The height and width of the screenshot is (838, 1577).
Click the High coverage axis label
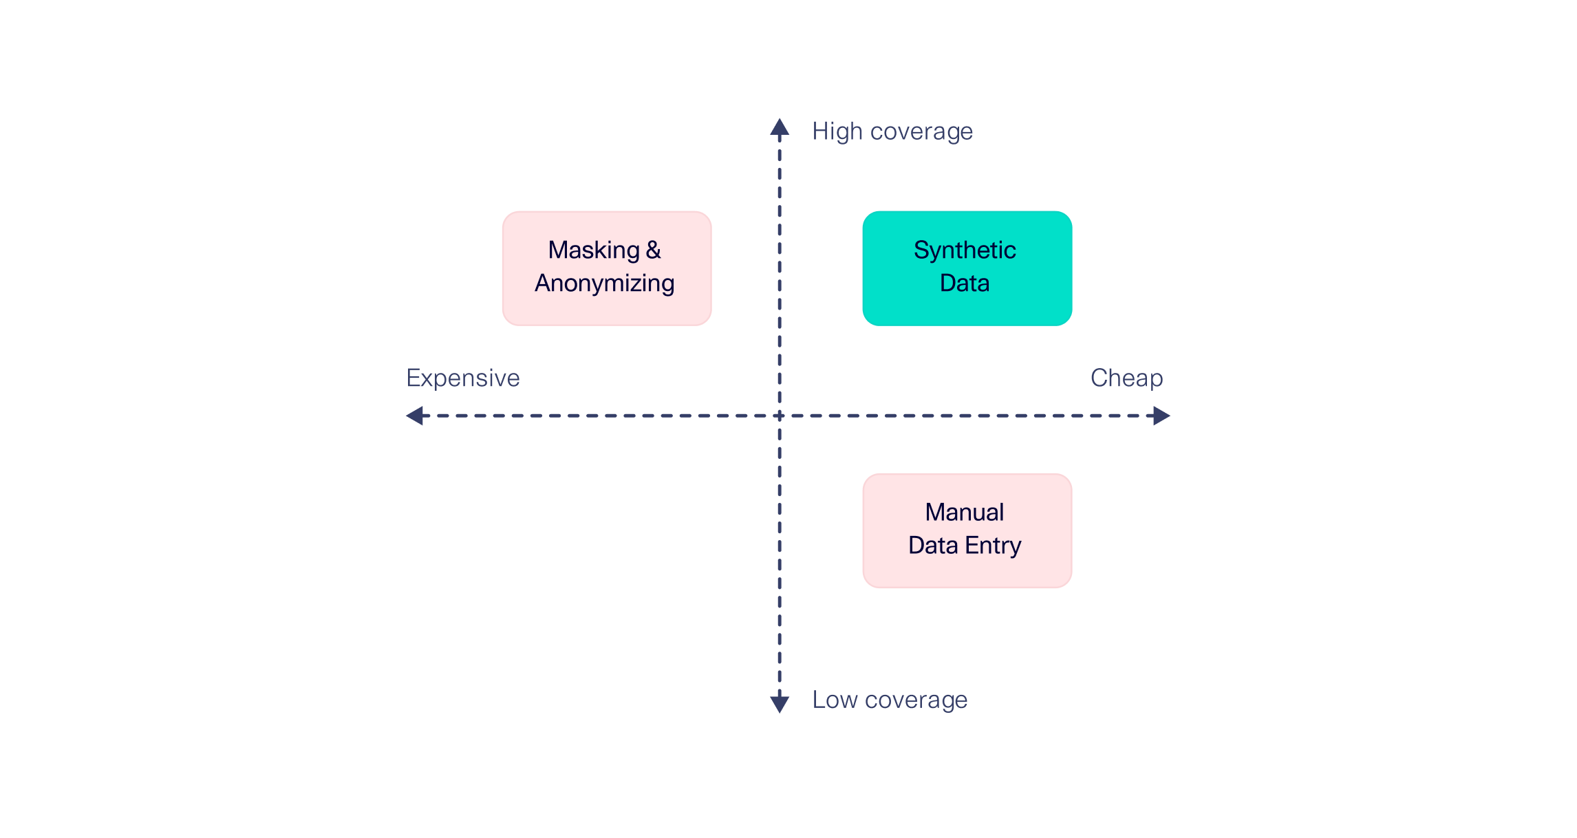[x=892, y=131]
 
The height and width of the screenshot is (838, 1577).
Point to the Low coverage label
[x=889, y=700]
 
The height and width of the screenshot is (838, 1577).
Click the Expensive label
[x=462, y=378]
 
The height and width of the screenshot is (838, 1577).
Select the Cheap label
[x=1126, y=378]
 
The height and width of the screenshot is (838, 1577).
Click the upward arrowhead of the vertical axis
[x=779, y=127]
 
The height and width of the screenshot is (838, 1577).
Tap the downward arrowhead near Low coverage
[x=779, y=704]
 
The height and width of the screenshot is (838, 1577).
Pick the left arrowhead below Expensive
[x=415, y=416]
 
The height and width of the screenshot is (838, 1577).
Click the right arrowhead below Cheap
[x=1161, y=416]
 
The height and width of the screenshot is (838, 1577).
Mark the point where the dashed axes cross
[x=779, y=416]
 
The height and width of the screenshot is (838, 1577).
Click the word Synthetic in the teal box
[x=964, y=250]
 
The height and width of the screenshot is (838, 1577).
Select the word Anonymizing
[x=604, y=283]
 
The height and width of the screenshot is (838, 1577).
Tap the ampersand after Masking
[x=653, y=250]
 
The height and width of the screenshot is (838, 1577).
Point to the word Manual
[x=964, y=512]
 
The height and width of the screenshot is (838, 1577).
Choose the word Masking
[x=593, y=250]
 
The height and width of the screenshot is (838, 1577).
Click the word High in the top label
[x=837, y=131]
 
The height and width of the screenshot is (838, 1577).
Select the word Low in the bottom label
[x=834, y=700]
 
